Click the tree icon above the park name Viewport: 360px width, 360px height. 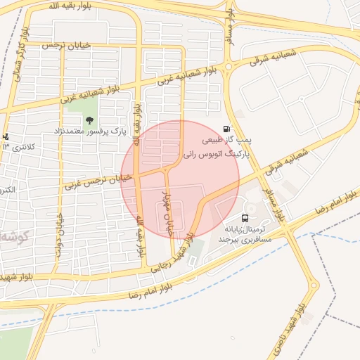(x=89, y=120)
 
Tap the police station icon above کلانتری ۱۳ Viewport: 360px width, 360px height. (x=6, y=136)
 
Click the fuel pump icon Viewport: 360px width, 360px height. (x=226, y=129)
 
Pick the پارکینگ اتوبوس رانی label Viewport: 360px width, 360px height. (x=212, y=153)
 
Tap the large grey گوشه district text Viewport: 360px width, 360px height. (x=14, y=235)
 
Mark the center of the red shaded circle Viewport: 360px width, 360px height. (x=180, y=179)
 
